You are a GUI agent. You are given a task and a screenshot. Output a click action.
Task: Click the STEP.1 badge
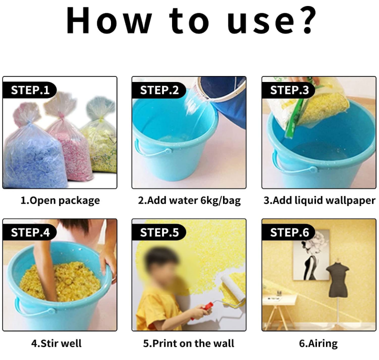click(x=29, y=90)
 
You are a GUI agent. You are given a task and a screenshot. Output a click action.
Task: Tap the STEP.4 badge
click(x=29, y=232)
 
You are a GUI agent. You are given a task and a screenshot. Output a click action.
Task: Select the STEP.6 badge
click(x=289, y=232)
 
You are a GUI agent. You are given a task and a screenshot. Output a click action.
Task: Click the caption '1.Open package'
click(x=60, y=200)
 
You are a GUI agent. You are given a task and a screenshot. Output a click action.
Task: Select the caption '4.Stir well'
click(x=56, y=343)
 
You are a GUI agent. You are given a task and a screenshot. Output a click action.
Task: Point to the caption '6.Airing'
click(x=318, y=344)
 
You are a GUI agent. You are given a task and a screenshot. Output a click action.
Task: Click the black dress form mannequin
click(x=337, y=278)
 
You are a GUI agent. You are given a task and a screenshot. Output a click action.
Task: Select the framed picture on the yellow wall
click(x=311, y=255)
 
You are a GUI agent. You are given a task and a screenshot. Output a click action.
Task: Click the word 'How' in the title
click(x=109, y=20)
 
